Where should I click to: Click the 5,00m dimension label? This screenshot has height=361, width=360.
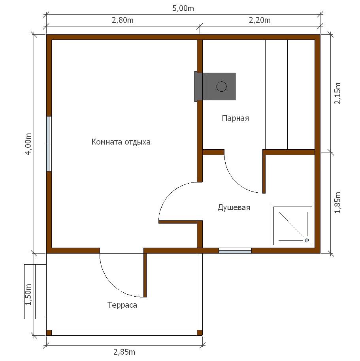(x=183, y=9)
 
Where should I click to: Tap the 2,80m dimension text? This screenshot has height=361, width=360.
(x=123, y=20)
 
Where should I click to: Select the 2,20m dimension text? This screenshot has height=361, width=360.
(x=260, y=20)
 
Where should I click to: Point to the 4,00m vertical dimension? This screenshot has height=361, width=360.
(x=28, y=144)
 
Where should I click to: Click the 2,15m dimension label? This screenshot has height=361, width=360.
(x=337, y=93)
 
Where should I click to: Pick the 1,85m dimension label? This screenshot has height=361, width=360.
(x=337, y=203)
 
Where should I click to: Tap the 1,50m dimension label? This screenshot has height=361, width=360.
(x=28, y=295)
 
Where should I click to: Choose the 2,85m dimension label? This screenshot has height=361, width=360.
(x=124, y=352)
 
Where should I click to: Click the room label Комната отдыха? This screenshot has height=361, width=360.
(x=121, y=142)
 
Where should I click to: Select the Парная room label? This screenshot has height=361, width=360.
(x=236, y=118)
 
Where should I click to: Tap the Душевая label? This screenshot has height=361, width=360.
(x=234, y=207)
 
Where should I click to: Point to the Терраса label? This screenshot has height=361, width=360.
(x=122, y=305)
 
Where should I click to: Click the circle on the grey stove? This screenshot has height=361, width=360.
(x=222, y=86)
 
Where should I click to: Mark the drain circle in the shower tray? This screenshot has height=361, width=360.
(x=307, y=241)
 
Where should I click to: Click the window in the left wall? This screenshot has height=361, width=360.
(x=49, y=144)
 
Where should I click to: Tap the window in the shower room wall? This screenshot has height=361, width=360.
(x=235, y=251)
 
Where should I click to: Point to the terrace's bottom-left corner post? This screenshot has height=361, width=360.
(x=49, y=333)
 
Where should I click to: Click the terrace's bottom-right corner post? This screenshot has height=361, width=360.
(x=200, y=333)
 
